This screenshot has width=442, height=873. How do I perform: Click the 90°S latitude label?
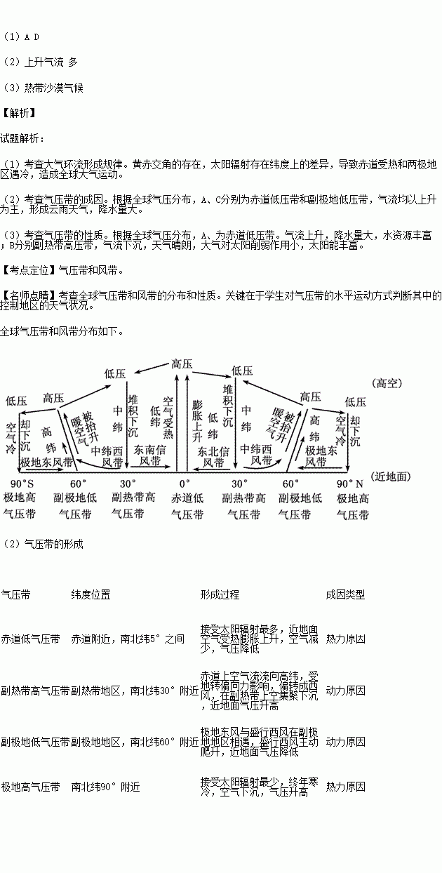pos(22,484)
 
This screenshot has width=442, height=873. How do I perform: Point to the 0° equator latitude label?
pos(184,484)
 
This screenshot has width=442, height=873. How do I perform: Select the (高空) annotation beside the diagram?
pos(388,383)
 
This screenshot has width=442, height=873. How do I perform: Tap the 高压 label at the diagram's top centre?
pos(182,364)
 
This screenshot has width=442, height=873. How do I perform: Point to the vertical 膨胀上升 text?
pos(197,418)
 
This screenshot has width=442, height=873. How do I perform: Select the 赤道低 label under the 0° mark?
pos(187,498)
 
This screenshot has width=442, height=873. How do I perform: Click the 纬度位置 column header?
pos(91,594)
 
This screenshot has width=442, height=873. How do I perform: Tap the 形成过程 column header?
pos(220,594)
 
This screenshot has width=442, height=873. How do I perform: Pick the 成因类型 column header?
pos(345,594)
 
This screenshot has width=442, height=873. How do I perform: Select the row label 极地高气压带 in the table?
pos(30,787)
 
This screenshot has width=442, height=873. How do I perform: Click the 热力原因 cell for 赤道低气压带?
pos(345,639)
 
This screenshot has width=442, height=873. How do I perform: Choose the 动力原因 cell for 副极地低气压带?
pos(345,741)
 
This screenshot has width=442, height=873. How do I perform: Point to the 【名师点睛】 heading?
pos(28,295)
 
